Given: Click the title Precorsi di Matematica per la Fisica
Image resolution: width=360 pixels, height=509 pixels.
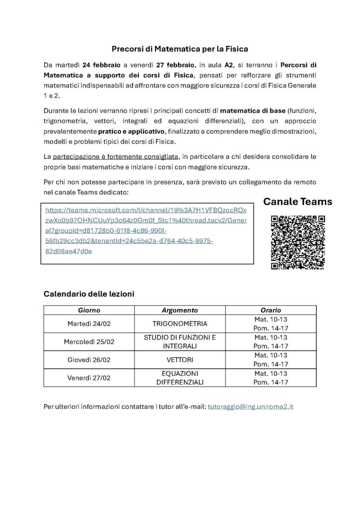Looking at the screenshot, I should (180, 49).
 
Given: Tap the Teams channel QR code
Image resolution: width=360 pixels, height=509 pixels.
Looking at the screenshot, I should (298, 242).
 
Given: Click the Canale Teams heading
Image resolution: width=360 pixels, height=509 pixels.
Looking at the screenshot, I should (297, 202).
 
